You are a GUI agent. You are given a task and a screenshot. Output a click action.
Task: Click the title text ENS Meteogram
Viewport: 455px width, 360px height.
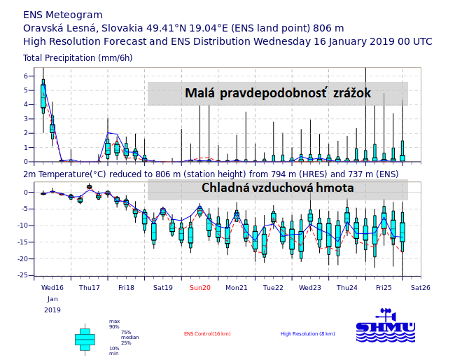[62, 15]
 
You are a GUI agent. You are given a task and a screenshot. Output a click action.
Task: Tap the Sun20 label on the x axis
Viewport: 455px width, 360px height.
[199, 287]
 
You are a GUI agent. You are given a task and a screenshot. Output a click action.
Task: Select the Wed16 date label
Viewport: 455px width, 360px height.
[52, 287]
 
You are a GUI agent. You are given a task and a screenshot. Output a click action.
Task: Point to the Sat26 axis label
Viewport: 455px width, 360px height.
[420, 287]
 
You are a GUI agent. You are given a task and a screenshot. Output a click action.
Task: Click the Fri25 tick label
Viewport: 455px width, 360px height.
[384, 287]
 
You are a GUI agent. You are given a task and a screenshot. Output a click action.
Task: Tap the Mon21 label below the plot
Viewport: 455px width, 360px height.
[237, 287]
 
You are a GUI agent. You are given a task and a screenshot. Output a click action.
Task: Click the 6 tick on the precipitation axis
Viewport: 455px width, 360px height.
[25, 76]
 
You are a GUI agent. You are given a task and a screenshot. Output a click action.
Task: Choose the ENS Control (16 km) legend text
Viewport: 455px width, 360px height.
[207, 334]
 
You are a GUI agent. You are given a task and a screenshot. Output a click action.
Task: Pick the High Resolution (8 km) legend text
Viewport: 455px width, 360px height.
[307, 334]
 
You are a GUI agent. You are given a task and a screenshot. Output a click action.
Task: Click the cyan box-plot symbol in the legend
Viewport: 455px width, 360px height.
[85, 338]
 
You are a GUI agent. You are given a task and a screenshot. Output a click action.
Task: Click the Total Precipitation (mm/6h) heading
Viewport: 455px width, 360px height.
[78, 58]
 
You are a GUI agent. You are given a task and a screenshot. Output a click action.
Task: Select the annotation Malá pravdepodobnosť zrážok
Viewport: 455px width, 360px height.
[277, 93]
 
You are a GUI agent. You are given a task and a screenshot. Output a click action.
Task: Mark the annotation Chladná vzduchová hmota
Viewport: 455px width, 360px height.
[277, 188]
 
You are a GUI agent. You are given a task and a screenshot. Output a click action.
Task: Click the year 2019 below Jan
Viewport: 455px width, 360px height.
[52, 310]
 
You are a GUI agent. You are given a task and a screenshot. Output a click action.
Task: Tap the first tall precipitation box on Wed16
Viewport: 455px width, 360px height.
[43, 96]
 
